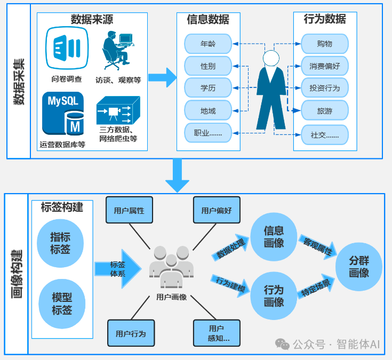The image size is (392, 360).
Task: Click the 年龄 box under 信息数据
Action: tap(207, 43)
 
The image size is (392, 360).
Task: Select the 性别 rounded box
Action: tap(207, 66)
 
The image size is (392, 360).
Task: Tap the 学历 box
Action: tap(207, 87)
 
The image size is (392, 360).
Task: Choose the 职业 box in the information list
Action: tap(207, 132)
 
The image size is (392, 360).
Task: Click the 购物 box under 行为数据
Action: tap(324, 43)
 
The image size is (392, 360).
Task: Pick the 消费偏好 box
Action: tap(324, 66)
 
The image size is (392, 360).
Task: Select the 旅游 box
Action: tap(324, 110)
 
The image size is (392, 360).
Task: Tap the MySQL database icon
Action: tap(63, 113)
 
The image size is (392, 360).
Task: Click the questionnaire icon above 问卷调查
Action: tap(67, 48)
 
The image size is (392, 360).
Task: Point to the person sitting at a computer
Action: tap(116, 50)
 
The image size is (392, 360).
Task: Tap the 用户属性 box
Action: tap(129, 210)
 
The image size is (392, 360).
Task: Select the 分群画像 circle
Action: tap(359, 266)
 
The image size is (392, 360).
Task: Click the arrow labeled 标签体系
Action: tap(118, 268)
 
